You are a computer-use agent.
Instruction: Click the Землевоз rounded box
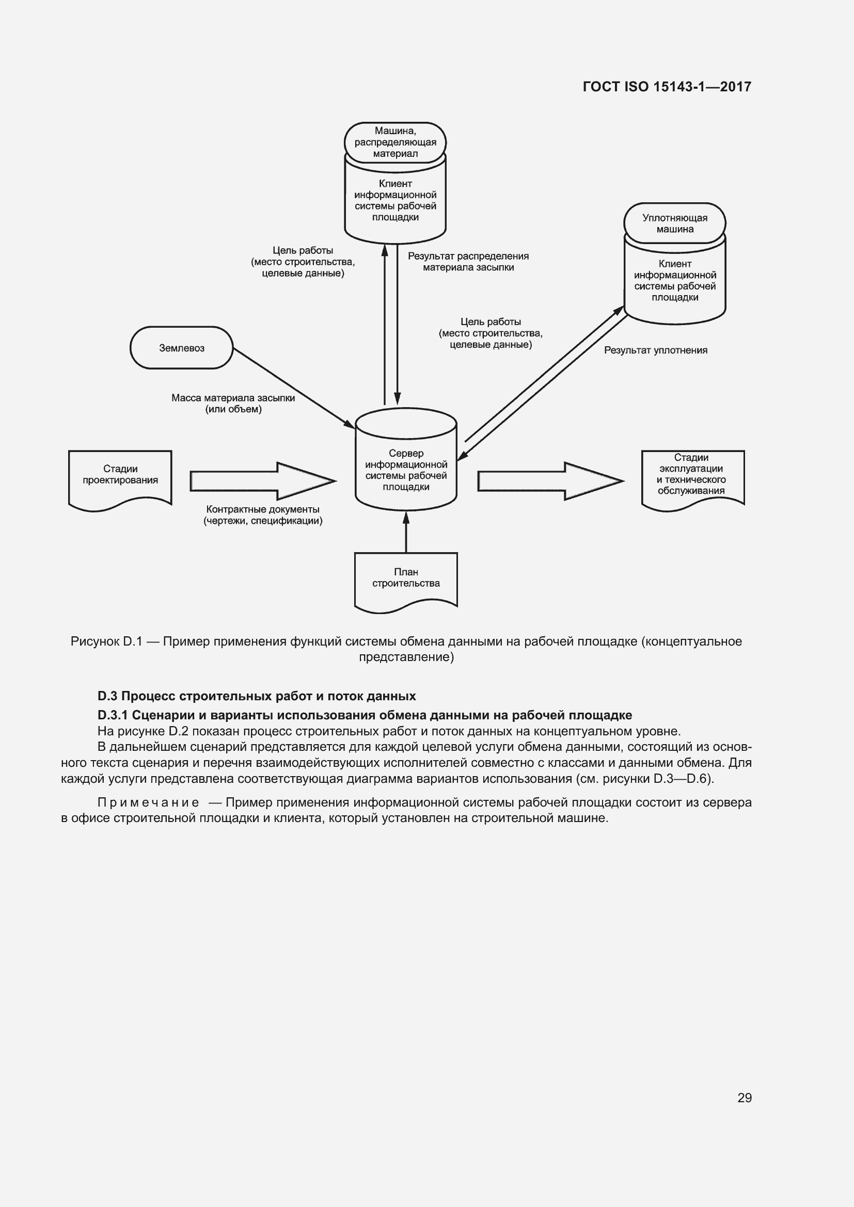181,348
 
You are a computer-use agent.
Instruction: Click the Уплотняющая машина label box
675,223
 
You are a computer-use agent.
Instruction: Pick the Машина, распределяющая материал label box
395,142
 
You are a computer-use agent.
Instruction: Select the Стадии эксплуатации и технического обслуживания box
692,476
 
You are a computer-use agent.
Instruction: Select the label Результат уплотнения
655,350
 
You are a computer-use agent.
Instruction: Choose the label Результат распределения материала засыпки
468,262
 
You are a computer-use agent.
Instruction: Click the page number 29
744,1098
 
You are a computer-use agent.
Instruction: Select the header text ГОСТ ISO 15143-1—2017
667,87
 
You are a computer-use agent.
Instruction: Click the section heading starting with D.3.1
365,715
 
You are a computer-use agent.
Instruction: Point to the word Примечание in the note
148,802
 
